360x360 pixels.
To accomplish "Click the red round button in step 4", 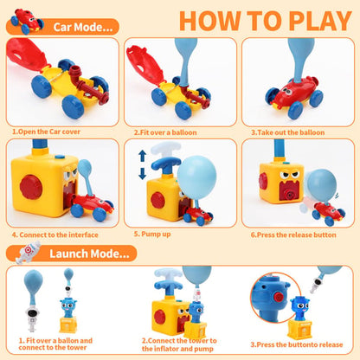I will coord(30,187).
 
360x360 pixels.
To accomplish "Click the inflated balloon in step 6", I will coord(324,183).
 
